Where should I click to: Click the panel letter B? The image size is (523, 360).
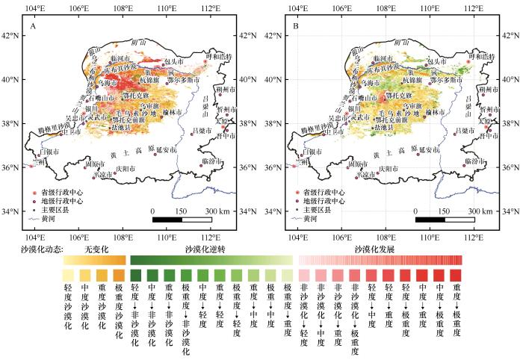pyautogui.click(x=297, y=28)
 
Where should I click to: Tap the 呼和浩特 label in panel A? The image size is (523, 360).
pyautogui.click(x=219, y=57)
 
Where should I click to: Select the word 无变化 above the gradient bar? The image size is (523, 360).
pyautogui.click(x=97, y=248)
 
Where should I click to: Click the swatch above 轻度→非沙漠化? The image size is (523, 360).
pyautogui.click(x=135, y=275)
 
